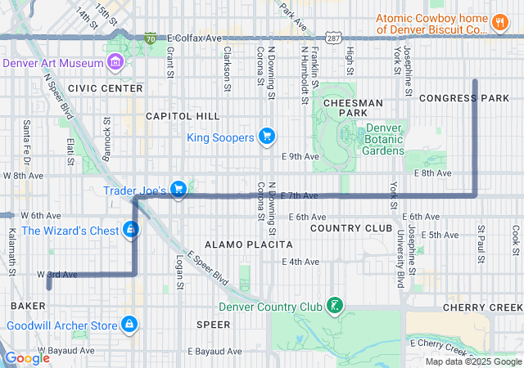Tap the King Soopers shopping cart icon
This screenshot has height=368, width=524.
click(266, 137)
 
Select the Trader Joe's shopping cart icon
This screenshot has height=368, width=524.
click(178, 191)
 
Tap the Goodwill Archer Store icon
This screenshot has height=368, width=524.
click(128, 325)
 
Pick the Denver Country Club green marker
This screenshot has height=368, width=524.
click(334, 307)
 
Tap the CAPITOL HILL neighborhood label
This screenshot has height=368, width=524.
click(183, 116)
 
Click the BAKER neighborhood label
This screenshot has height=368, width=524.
click(28, 305)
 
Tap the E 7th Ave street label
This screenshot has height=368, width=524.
click(298, 196)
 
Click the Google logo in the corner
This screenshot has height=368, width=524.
click(27, 358)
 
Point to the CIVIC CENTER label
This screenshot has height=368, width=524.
click(106, 88)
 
